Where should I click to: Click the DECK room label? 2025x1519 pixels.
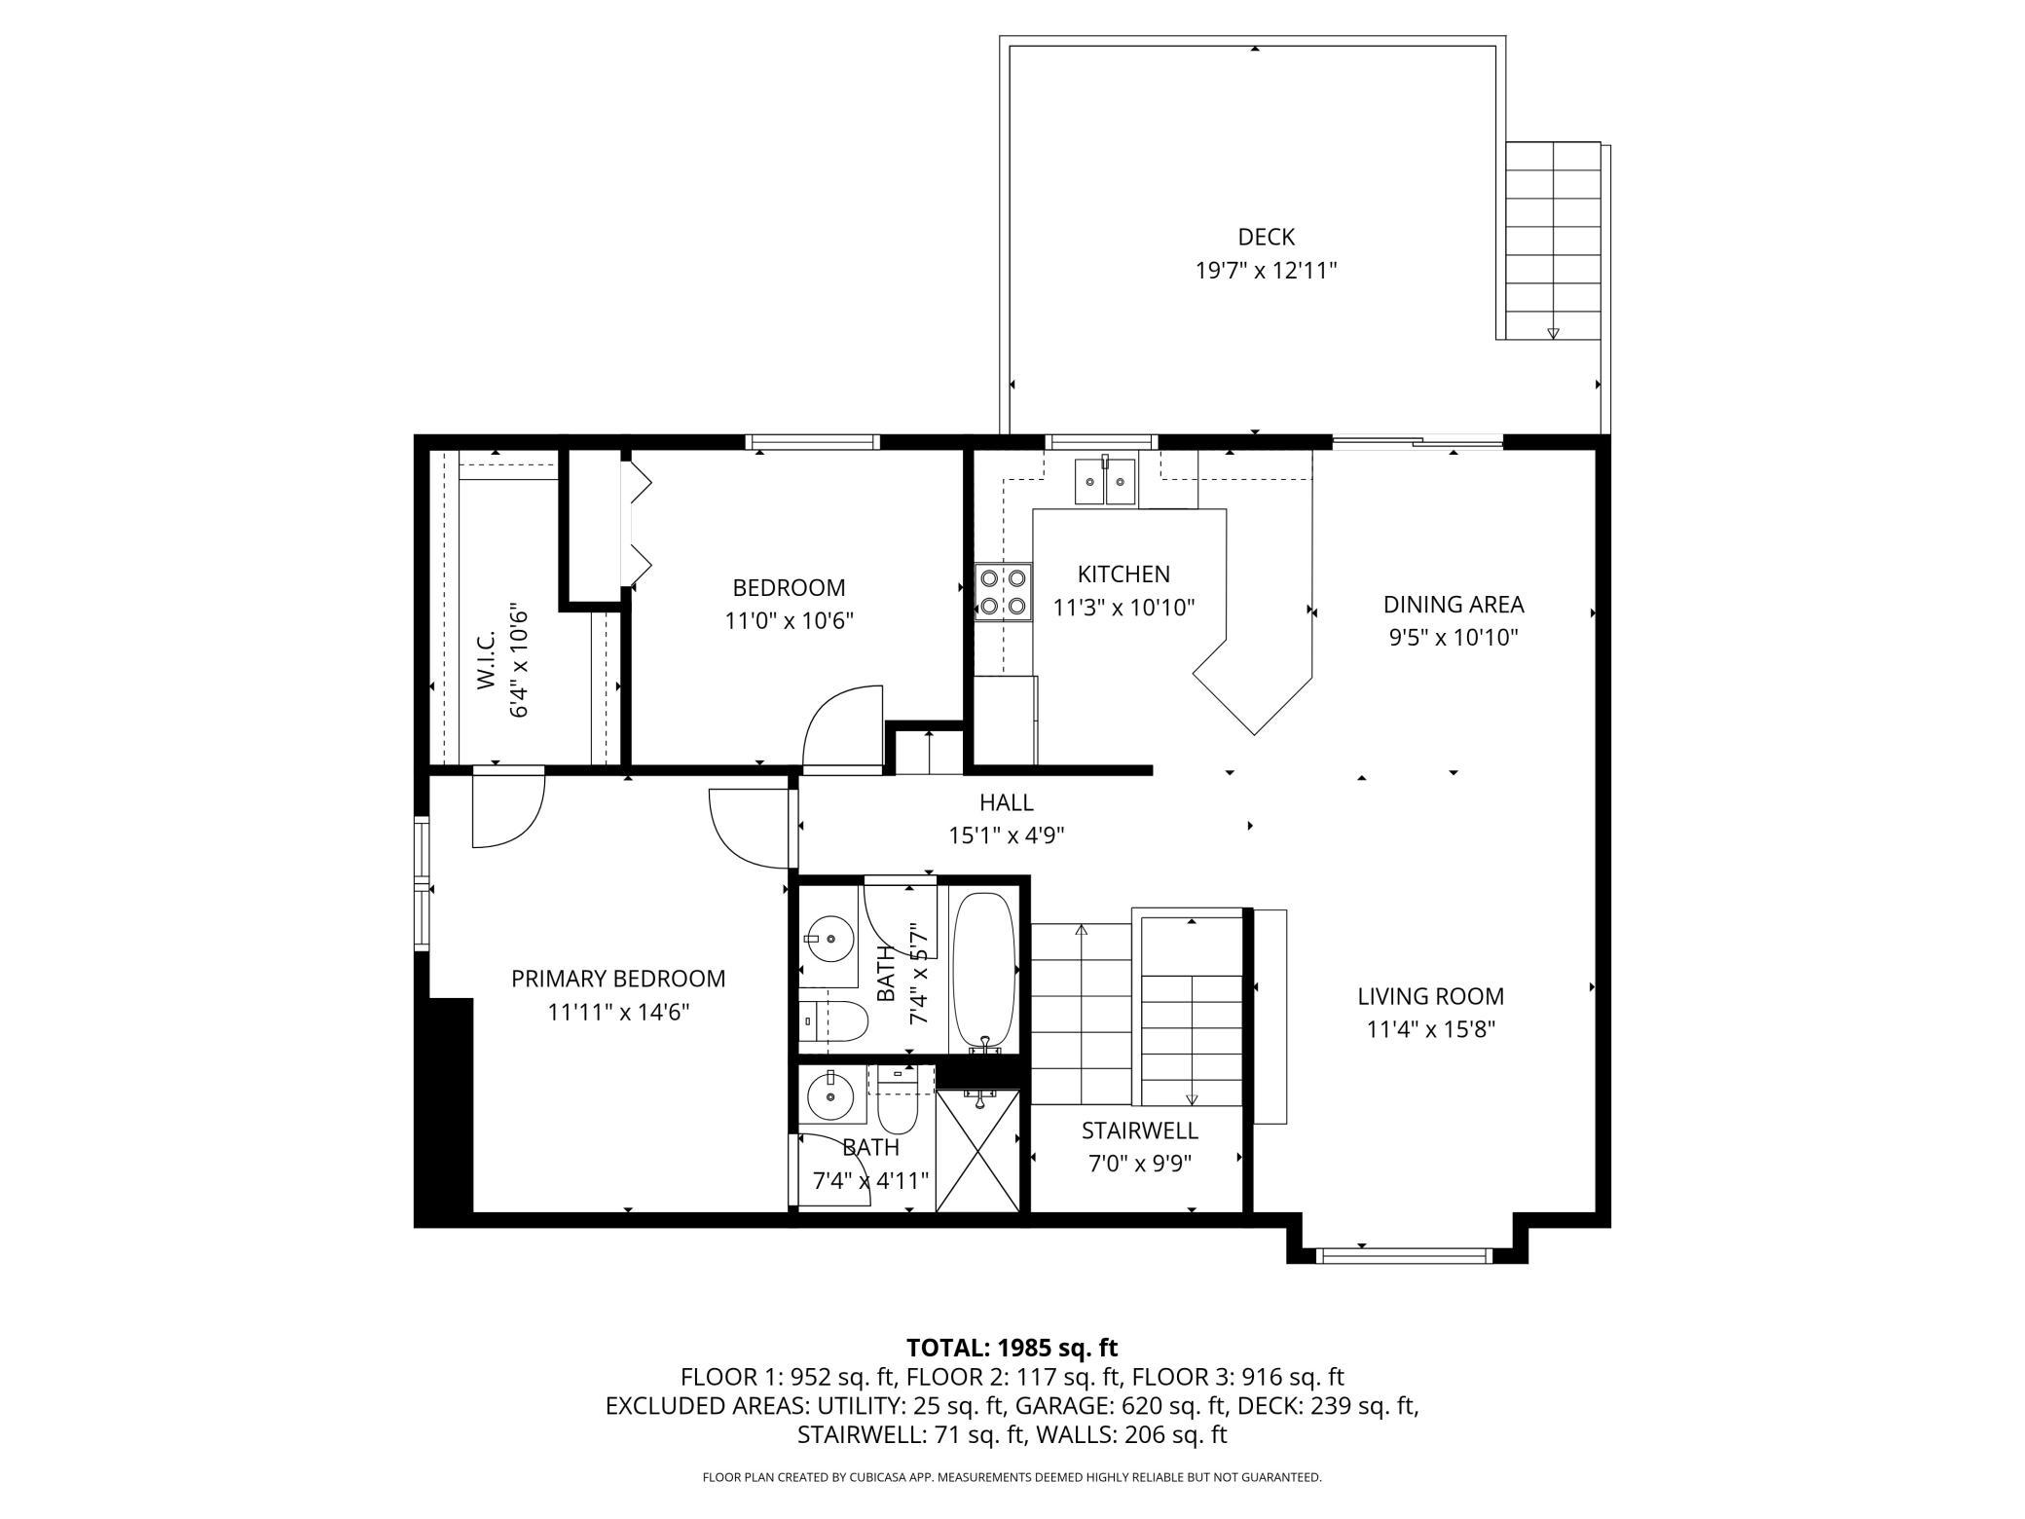point(1266,237)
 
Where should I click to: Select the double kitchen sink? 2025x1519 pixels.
point(1106,481)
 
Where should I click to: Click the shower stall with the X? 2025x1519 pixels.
point(978,1150)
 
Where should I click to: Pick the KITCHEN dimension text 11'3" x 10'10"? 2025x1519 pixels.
point(1123,608)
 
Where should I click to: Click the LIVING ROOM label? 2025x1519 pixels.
point(1430,996)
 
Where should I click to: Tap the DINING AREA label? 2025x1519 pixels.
point(1453,605)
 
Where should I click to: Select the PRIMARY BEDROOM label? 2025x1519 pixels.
point(618,979)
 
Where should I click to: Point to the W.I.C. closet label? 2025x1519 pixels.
point(487,659)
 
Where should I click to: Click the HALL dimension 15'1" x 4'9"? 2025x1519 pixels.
point(1007,835)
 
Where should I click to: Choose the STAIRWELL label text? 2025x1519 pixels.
point(1139,1130)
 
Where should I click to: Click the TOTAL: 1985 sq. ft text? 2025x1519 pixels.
point(1012,1348)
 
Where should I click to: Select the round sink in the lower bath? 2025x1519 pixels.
point(829,1096)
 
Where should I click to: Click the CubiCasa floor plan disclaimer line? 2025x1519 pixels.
point(1012,1477)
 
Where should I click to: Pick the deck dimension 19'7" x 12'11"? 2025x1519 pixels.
point(1266,271)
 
